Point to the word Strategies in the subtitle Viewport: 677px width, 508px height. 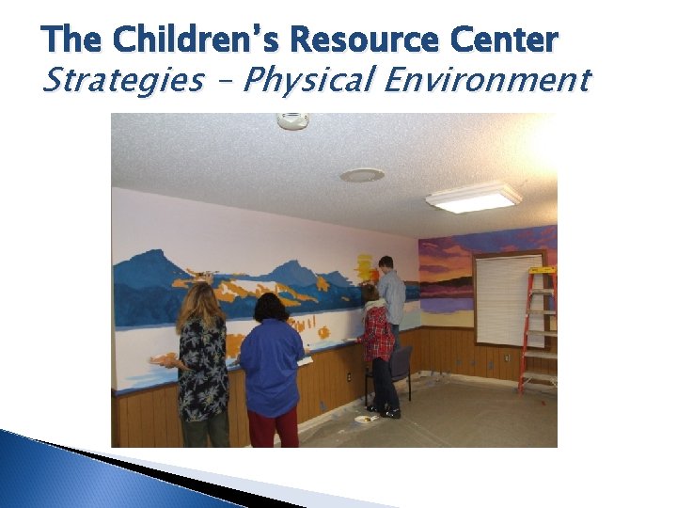click(122, 80)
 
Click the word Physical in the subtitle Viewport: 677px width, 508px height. click(304, 80)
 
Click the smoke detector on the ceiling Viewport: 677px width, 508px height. click(292, 120)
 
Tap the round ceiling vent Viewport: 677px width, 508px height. click(362, 175)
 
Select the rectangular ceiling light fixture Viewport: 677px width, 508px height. click(473, 197)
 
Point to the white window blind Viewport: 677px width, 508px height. click(509, 300)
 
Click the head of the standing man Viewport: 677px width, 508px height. click(386, 263)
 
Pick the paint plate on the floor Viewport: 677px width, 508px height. click(364, 419)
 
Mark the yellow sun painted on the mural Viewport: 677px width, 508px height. click(368, 269)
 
